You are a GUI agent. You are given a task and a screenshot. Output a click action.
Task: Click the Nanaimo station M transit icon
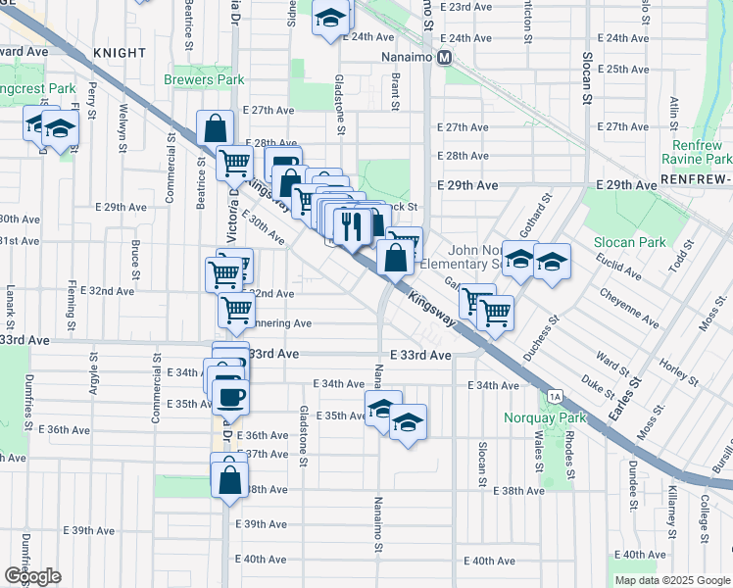click(x=445, y=57)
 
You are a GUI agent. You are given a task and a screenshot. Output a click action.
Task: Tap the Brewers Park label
click(x=203, y=77)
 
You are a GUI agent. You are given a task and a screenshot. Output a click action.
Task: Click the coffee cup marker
click(x=231, y=397)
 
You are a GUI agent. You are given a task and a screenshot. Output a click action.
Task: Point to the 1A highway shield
click(x=556, y=396)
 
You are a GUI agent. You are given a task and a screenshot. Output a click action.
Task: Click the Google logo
click(x=32, y=575)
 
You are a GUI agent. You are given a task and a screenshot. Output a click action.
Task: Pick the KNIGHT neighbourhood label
click(x=120, y=52)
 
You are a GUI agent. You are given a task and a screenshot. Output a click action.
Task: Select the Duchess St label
click(x=541, y=336)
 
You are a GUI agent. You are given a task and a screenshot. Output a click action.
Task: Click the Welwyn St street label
click(x=124, y=123)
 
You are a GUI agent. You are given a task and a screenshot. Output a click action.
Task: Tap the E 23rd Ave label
click(x=466, y=7)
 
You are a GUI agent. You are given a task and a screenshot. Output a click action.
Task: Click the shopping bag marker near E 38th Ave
click(x=229, y=481)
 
